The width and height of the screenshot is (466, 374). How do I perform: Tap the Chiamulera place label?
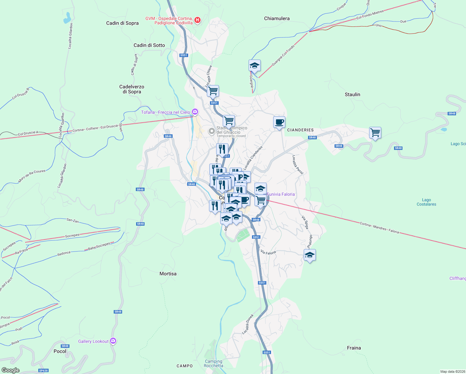(x=277, y=18)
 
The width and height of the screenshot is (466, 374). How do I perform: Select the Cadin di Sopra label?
(x=122, y=23)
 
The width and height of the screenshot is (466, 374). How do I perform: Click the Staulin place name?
(x=352, y=94)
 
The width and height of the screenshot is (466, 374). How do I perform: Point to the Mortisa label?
(x=168, y=274)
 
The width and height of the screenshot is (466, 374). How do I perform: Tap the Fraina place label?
(x=354, y=348)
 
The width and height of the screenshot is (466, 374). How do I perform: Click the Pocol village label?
(x=60, y=351)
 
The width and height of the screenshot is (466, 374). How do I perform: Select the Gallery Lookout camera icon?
(x=113, y=341)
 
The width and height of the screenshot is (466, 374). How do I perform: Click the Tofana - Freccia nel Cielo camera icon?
(x=195, y=112)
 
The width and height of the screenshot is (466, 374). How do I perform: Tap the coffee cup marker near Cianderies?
(x=279, y=122)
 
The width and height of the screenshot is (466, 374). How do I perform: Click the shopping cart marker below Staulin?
(x=375, y=133)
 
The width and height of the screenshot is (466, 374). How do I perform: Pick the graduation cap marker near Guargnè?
(x=254, y=66)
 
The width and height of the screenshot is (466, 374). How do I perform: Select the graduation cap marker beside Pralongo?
(x=310, y=255)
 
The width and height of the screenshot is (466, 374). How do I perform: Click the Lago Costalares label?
(x=426, y=202)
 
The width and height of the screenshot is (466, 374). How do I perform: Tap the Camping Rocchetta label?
(x=213, y=363)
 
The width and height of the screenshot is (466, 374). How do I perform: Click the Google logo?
(x=10, y=370)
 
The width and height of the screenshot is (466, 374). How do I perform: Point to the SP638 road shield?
(x=43, y=371)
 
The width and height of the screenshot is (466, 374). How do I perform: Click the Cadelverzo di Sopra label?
(x=132, y=89)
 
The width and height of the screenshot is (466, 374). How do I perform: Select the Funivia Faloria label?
(x=280, y=194)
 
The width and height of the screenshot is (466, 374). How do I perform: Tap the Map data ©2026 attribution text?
(x=452, y=372)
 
